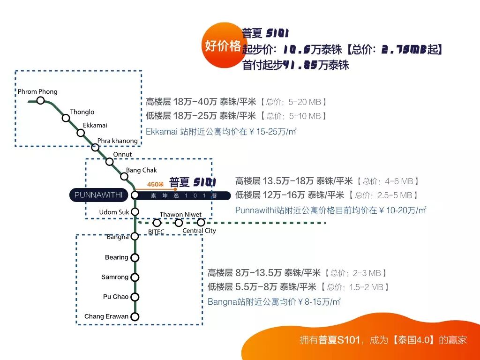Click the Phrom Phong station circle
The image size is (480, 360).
[x=41, y=100]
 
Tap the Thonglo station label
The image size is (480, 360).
[x=82, y=112]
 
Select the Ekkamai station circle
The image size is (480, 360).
[x=81, y=133]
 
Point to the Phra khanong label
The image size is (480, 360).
[x=118, y=141]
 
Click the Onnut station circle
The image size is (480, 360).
[x=109, y=162]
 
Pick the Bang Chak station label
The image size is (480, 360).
[x=142, y=170]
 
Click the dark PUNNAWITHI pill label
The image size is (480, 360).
[x=98, y=195]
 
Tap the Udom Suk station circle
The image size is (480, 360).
[x=135, y=212]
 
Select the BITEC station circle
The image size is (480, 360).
[x=157, y=223]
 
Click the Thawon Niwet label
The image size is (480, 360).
[x=180, y=215]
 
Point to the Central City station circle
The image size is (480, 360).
[x=201, y=222]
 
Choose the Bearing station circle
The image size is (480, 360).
[x=135, y=257]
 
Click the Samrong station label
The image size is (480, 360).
[x=115, y=277]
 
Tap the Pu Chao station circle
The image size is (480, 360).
[x=135, y=297]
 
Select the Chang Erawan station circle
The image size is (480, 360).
[x=135, y=316]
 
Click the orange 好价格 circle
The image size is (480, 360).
[x=223, y=45]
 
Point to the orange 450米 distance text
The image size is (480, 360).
[x=155, y=184]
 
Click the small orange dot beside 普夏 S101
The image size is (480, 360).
[x=175, y=189]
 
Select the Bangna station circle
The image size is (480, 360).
[x=135, y=236]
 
